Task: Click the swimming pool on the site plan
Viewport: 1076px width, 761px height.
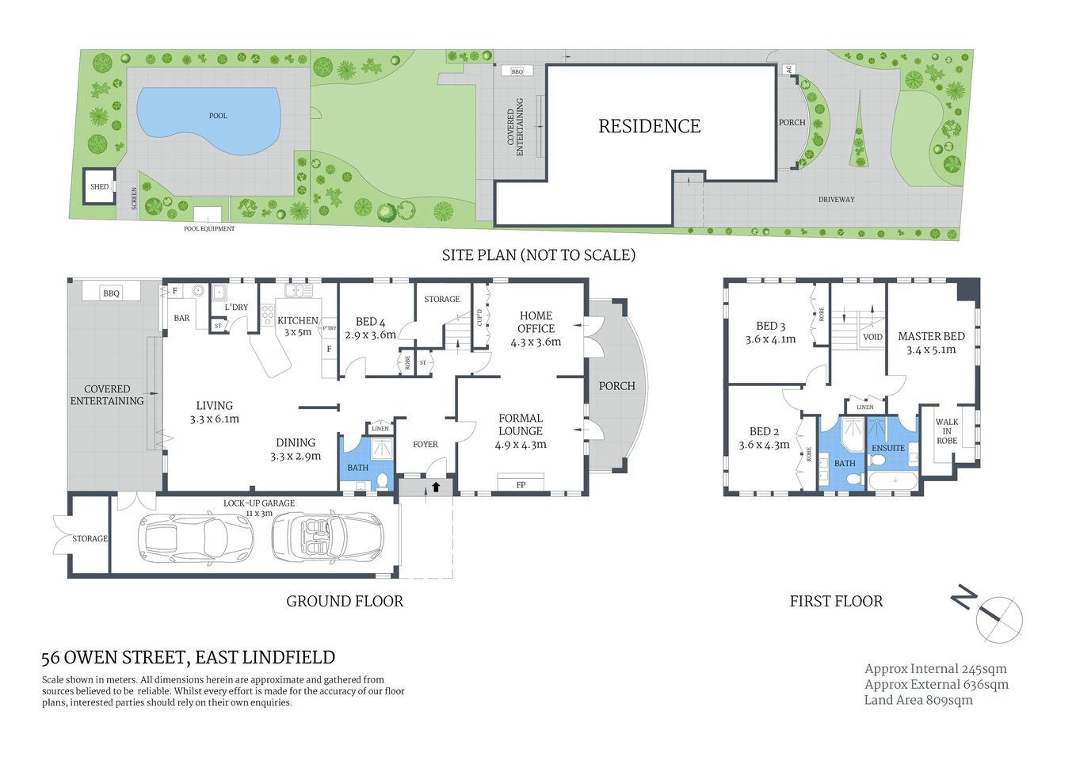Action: [209, 119]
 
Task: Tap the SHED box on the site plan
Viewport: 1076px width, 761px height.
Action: [99, 187]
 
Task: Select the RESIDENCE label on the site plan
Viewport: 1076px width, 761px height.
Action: [649, 126]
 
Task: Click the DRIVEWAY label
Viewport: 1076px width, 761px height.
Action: [836, 200]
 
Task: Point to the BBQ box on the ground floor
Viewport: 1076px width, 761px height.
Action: [111, 293]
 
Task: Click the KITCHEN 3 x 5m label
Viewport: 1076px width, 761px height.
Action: [298, 326]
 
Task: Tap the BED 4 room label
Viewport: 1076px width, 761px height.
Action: [370, 328]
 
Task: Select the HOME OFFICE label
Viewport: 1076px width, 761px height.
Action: [536, 328]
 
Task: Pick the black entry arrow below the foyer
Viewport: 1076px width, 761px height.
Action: [435, 487]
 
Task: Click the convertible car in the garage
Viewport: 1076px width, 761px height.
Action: [326, 537]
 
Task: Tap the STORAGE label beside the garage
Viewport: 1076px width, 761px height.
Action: [90, 539]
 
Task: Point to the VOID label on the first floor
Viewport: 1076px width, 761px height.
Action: [872, 337]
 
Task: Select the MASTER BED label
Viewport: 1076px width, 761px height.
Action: [931, 342]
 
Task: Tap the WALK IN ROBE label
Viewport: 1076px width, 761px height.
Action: [947, 431]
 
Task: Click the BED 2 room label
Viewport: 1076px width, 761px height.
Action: [764, 438]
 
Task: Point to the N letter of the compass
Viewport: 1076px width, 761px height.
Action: [963, 596]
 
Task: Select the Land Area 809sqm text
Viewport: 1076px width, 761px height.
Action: [918, 700]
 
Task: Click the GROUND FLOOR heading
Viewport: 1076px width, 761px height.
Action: [345, 602]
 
